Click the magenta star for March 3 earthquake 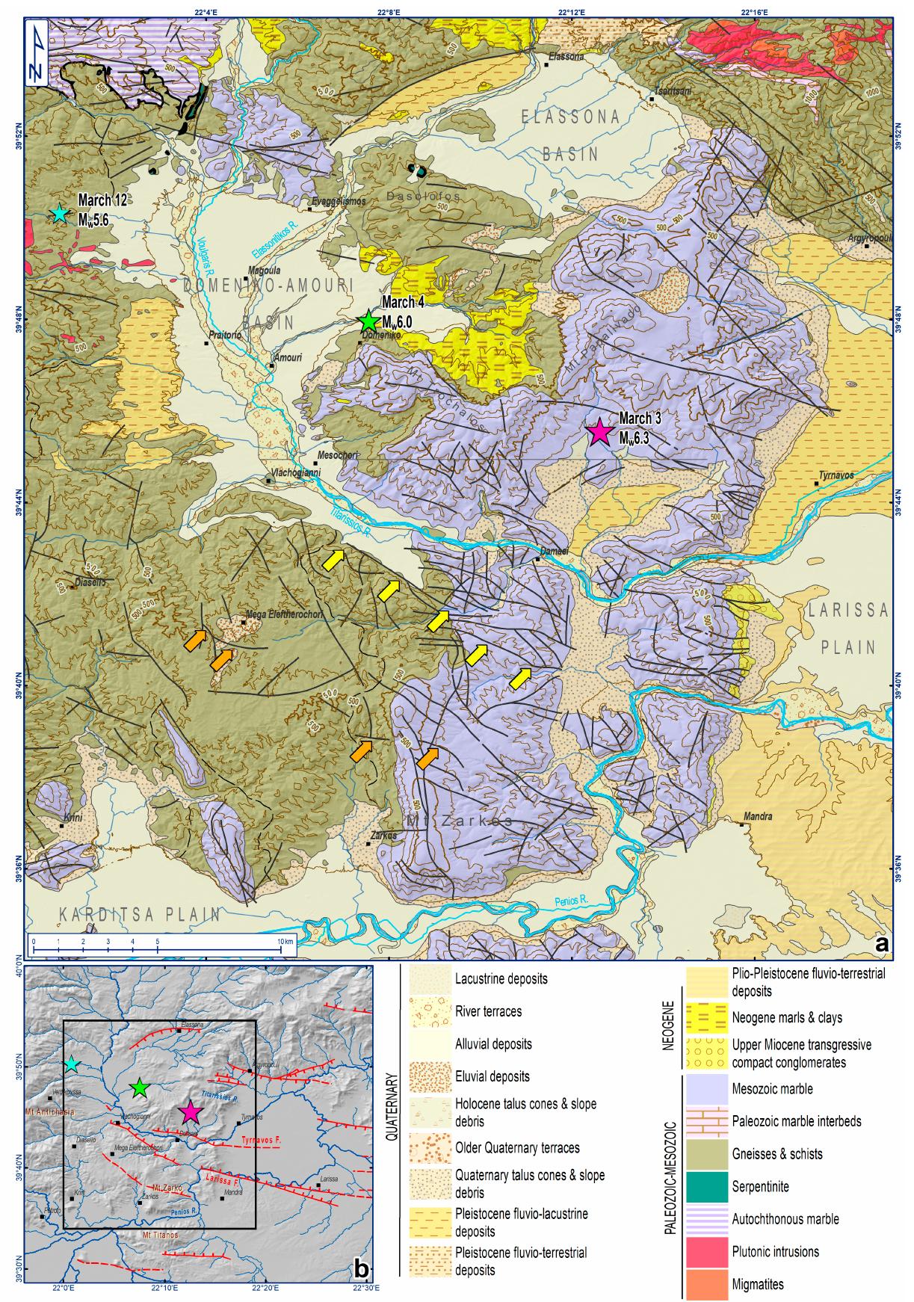pyautogui.click(x=599, y=432)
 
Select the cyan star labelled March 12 pyautogui.click(x=59, y=214)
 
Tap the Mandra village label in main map pyautogui.click(x=759, y=817)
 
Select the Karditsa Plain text pyautogui.click(x=141, y=914)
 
